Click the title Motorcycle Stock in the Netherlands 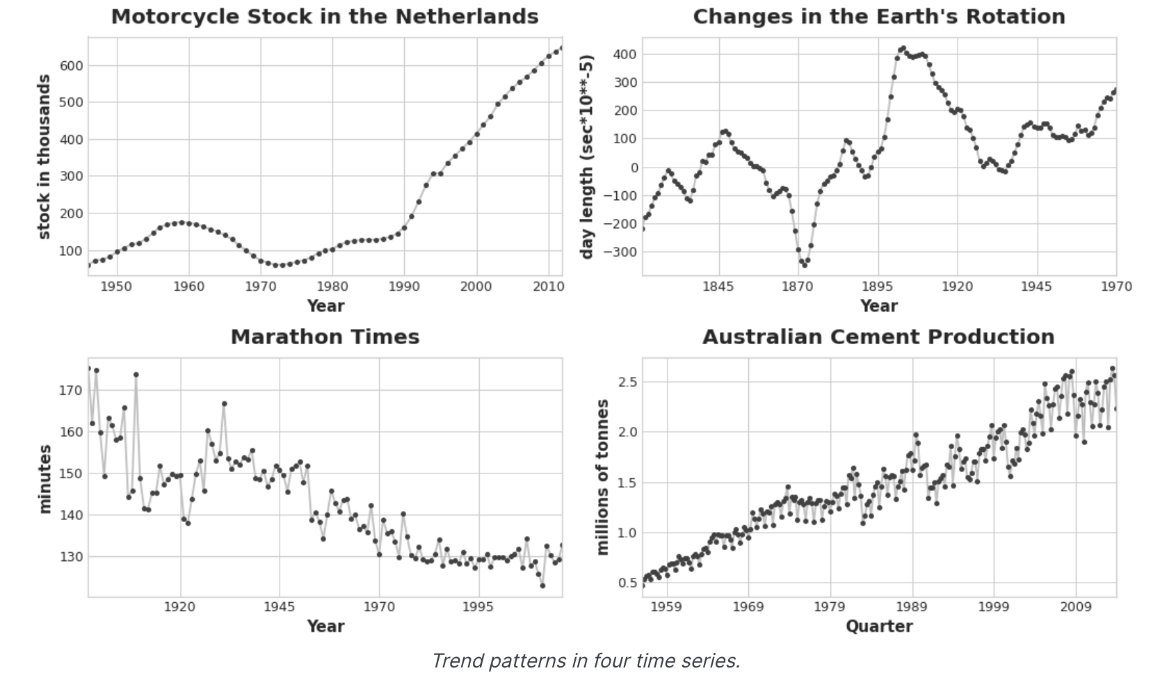tap(325, 17)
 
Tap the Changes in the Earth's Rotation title tap(878, 17)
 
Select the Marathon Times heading tap(325, 337)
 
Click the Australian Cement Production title tap(878, 337)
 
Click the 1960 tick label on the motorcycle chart tap(188, 286)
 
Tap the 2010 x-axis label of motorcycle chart tap(548, 286)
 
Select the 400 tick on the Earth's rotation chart tap(625, 54)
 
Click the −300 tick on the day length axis tap(620, 252)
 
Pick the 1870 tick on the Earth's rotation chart tap(798, 286)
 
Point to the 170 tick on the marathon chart tap(72, 390)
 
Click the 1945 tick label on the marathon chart tap(280, 607)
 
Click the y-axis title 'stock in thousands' tap(44, 157)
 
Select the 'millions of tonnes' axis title tap(602, 477)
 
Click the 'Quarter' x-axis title tap(878, 626)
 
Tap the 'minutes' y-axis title tap(45, 479)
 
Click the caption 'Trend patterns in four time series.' tap(586, 661)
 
